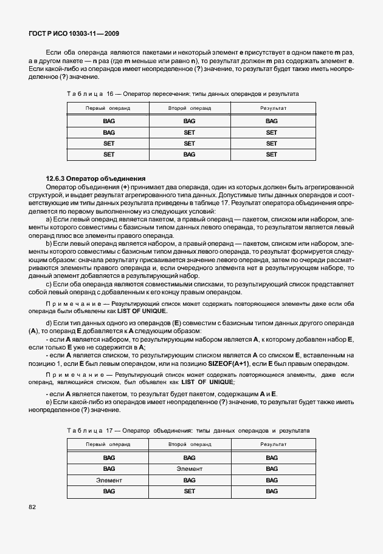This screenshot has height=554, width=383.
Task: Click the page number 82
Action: point(32,505)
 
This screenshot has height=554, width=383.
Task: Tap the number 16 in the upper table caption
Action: point(110,94)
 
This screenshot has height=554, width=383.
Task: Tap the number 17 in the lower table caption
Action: point(110,430)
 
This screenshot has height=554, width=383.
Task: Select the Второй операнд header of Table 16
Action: point(190,108)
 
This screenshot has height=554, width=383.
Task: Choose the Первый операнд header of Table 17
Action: point(108,445)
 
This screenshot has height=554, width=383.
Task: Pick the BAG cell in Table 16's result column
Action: point(271,121)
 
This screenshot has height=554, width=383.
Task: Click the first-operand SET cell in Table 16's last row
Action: point(109,155)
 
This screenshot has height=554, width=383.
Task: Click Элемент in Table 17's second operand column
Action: point(190,469)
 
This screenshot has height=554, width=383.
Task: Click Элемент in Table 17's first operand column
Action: point(109,480)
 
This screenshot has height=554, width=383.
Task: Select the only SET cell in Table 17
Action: point(190,491)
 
